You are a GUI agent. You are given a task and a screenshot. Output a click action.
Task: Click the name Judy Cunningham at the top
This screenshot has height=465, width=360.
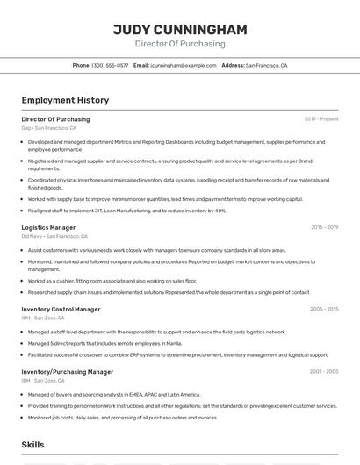pyautogui.click(x=179, y=29)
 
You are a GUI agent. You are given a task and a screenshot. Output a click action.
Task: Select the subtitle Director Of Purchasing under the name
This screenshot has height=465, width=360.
pyautogui.click(x=179, y=44)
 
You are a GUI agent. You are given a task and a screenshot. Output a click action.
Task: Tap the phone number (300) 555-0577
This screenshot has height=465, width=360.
pyautogui.click(x=111, y=65)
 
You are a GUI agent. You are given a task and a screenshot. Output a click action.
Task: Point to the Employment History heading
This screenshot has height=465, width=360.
pyautogui.click(x=65, y=100)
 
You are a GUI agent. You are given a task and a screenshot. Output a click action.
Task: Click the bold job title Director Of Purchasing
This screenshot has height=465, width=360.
pyautogui.click(x=55, y=119)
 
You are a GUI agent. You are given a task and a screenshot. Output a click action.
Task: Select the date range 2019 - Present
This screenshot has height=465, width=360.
pyautogui.click(x=320, y=119)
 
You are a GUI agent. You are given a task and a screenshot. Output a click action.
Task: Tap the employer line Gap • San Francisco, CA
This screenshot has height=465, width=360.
pyautogui.click(x=49, y=128)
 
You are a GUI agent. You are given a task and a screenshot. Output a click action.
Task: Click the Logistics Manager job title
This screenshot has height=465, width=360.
pyautogui.click(x=48, y=227)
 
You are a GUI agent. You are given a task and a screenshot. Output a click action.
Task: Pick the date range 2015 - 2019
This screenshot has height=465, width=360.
pyautogui.click(x=324, y=227)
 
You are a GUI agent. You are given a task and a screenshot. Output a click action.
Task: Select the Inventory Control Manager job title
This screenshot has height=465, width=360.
pyautogui.click(x=61, y=309)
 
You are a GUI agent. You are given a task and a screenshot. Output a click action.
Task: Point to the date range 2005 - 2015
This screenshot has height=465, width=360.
pyautogui.click(x=324, y=309)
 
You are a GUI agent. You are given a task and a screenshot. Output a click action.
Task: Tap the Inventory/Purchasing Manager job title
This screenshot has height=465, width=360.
pyautogui.click(x=68, y=371)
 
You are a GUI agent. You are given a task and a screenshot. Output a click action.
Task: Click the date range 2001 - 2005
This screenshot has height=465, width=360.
pyautogui.click(x=324, y=371)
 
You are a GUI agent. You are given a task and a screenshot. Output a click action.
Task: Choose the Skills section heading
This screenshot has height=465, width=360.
pyautogui.click(x=33, y=446)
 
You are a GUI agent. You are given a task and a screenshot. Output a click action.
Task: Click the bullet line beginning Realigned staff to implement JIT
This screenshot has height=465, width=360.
pyautogui.click(x=126, y=211)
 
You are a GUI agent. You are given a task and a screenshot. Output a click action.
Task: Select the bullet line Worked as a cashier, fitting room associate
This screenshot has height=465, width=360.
pyautogui.click(x=112, y=281)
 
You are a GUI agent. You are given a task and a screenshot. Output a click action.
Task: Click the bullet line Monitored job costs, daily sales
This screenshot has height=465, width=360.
pyautogui.click(x=122, y=418)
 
